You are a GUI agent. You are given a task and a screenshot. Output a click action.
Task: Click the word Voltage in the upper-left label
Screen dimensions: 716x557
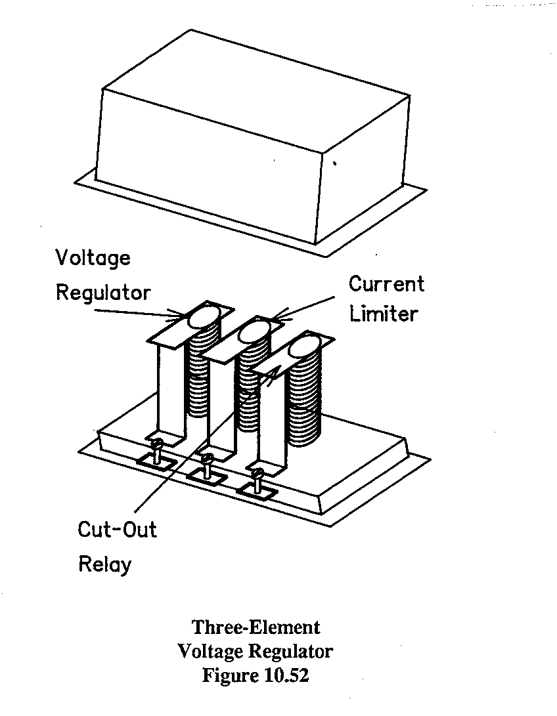(93, 259)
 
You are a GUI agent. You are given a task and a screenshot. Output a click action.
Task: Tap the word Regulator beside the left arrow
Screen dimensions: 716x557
(103, 292)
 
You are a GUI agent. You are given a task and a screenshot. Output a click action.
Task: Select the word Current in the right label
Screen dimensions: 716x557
(386, 284)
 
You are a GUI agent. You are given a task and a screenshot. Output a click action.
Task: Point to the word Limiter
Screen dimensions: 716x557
(383, 314)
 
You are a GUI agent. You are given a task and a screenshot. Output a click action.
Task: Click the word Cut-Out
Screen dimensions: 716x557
(118, 529)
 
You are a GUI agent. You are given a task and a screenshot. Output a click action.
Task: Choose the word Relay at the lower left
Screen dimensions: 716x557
(105, 564)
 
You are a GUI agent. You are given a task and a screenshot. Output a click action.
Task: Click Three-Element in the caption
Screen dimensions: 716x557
(256, 627)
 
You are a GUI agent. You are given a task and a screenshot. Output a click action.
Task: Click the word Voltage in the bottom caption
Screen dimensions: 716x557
(210, 652)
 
